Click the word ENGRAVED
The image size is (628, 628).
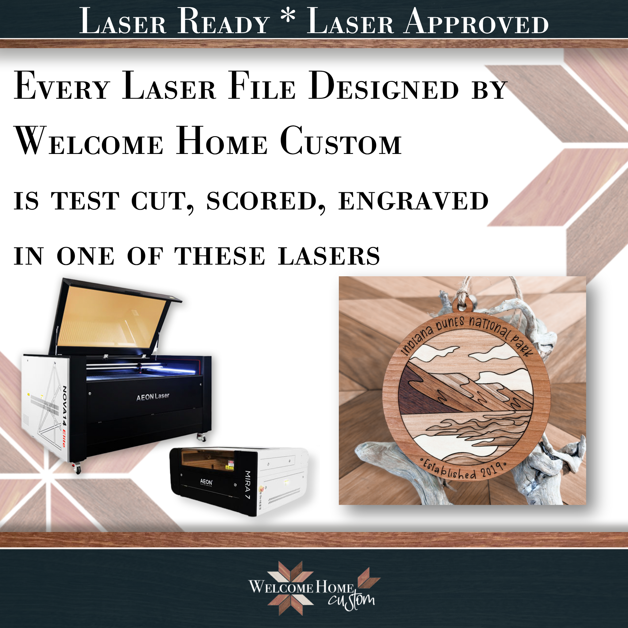413,201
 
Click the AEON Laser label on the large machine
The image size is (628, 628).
153,396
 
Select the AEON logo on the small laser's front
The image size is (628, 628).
206,482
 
